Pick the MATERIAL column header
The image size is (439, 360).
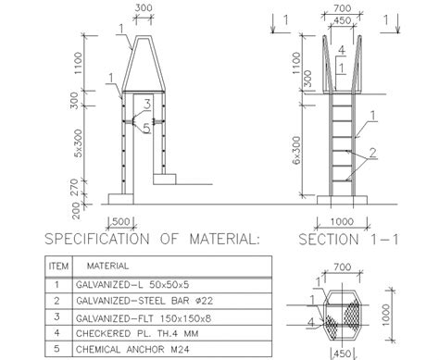[x=94, y=266]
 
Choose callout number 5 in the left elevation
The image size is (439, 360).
[x=146, y=129]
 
